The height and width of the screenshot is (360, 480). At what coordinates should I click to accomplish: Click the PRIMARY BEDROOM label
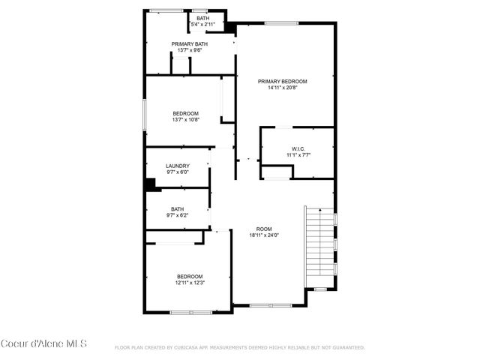point(283,81)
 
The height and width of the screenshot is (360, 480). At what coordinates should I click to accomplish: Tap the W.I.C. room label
point(298,148)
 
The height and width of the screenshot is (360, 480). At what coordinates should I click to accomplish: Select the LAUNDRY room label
point(178,166)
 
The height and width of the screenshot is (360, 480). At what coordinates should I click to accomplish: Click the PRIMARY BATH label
point(189,44)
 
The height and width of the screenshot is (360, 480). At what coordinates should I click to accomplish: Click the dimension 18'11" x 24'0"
point(263,235)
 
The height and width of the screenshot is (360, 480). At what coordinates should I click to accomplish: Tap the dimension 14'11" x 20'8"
point(283,88)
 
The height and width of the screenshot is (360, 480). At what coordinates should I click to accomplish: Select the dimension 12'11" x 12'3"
point(190,283)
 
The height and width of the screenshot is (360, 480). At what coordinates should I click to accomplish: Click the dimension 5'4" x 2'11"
point(202,25)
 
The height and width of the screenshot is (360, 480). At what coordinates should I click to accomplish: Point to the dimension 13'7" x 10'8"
point(185,119)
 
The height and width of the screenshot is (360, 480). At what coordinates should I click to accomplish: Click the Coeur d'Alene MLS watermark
point(43,344)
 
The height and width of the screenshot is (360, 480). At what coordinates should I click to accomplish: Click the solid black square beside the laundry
point(150,183)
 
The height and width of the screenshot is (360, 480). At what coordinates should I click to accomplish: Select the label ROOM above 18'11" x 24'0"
point(263,229)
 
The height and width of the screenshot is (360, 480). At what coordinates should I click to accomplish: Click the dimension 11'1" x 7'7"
point(298,155)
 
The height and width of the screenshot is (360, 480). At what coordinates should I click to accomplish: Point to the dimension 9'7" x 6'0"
point(178,172)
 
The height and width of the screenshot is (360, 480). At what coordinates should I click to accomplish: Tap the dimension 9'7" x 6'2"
point(178,215)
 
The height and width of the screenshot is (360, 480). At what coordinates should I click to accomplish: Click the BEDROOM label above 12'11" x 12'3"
point(190,276)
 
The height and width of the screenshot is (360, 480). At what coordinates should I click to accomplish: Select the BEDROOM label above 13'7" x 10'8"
point(185,113)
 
